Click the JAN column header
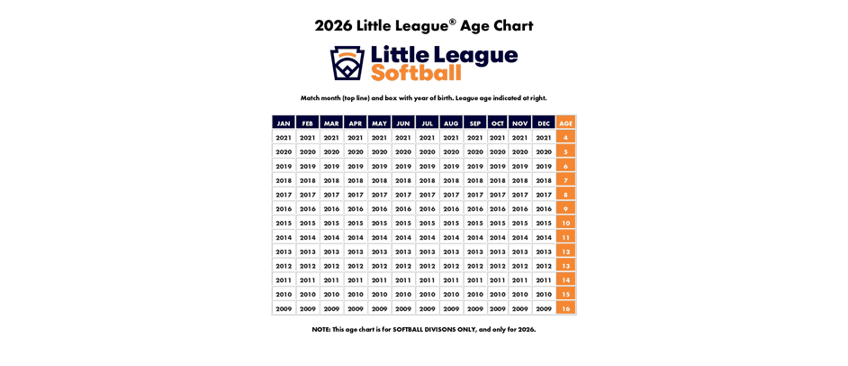coord(284,123)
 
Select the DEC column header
coord(544,123)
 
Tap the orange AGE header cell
coord(565,123)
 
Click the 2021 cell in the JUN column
coord(403,138)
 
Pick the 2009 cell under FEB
coord(308,308)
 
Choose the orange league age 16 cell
coord(565,308)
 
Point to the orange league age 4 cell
coord(565,138)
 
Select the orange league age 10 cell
coord(565,223)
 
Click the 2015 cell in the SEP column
coord(475,223)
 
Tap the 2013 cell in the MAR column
coord(331,252)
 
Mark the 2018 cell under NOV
coord(520,180)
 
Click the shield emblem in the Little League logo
coord(347,63)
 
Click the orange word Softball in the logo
coord(416,73)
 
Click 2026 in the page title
coord(332,26)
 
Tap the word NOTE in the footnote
coord(321,329)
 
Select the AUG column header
coord(451,123)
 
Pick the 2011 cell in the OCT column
coord(498,280)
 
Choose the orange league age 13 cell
coord(565,266)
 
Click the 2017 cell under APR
coord(356,195)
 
